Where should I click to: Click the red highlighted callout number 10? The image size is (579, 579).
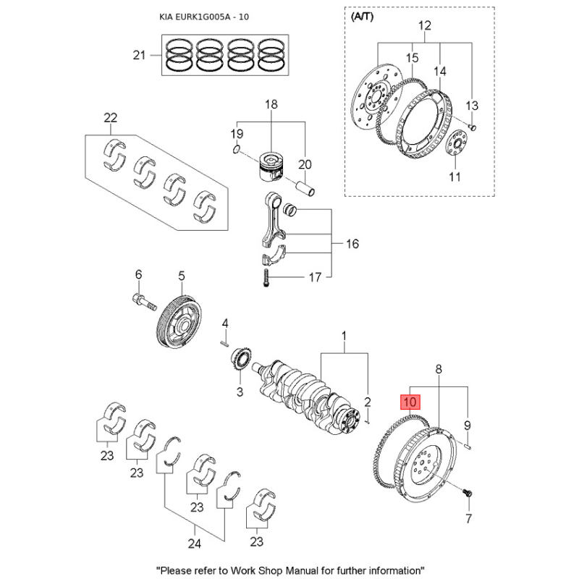410,400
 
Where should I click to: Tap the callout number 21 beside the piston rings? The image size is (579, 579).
139,55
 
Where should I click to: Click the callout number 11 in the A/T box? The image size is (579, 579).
455,177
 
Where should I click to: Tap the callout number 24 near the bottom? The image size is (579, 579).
194,542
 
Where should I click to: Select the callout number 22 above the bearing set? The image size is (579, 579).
110,117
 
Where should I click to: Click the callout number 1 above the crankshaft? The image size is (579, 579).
345,337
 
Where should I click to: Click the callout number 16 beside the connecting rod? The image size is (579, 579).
352,244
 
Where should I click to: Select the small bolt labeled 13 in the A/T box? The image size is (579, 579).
471,126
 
